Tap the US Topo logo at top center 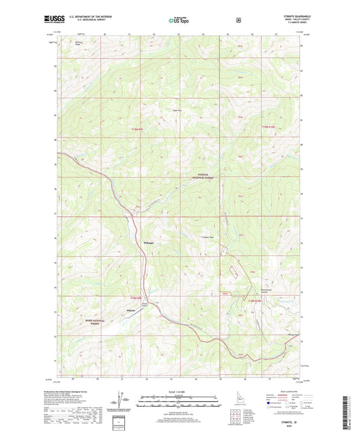(179, 20)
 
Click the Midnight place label (149, 242)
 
